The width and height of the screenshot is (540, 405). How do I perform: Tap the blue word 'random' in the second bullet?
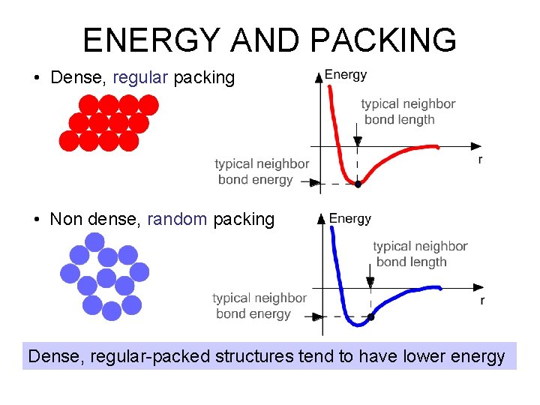(x=177, y=219)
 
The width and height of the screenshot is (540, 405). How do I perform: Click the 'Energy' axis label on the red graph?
(x=345, y=74)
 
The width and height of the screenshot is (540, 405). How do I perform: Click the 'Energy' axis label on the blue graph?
(x=350, y=218)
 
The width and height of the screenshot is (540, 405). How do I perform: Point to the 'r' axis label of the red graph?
(x=479, y=160)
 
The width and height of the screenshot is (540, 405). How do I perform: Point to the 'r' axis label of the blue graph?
(x=481, y=300)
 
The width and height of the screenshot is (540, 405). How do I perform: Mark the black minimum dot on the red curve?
(x=358, y=183)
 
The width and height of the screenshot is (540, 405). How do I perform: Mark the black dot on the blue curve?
(x=370, y=317)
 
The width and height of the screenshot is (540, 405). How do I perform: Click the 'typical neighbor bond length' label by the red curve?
(x=408, y=112)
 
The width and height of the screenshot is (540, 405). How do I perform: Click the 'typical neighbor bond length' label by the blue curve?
(x=420, y=253)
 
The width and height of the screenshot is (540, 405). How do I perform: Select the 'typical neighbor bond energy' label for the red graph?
(x=261, y=172)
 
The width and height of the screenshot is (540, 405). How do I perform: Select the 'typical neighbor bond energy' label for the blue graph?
(x=259, y=306)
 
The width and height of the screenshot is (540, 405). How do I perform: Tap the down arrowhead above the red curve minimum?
(x=358, y=141)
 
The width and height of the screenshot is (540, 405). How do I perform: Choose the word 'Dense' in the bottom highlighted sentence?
(x=54, y=356)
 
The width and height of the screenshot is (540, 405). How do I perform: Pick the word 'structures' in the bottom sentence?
(x=253, y=356)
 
